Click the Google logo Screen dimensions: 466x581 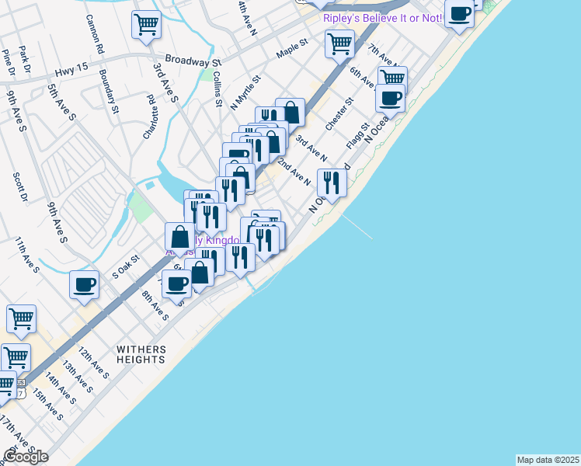[25, 457]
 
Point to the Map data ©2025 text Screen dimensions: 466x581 [548, 460]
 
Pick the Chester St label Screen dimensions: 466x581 [339, 113]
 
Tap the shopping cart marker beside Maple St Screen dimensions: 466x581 [340, 43]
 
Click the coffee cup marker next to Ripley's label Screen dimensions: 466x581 [460, 14]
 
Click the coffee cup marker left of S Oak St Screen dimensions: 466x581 [84, 284]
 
